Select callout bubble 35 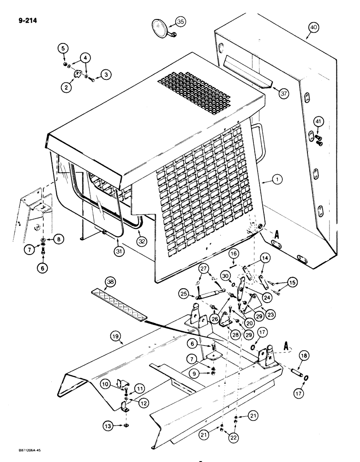point(180,22)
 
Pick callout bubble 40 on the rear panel point(313,28)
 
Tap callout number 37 point(283,94)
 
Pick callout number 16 point(233,253)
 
